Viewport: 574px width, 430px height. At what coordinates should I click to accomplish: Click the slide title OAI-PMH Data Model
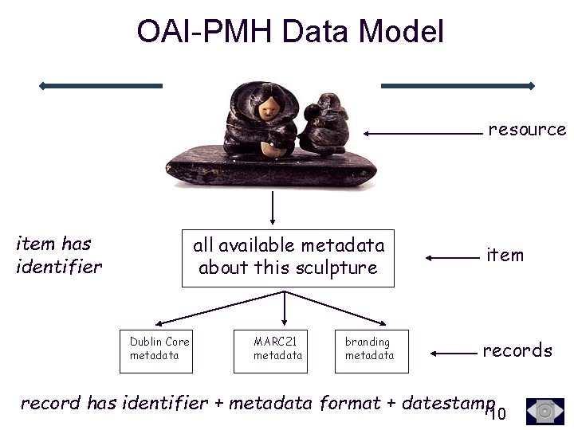[289, 31]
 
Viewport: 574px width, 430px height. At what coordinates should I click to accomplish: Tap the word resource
[526, 129]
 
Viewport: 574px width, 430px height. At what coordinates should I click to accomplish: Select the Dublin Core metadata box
[159, 349]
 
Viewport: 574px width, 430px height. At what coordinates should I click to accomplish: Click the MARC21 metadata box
[278, 349]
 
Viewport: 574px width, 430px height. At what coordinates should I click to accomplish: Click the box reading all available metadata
[288, 256]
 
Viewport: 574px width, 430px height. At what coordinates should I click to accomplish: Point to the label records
[517, 350]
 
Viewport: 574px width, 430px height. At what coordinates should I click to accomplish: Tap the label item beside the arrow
[505, 255]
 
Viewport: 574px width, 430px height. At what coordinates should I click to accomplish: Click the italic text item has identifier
[58, 255]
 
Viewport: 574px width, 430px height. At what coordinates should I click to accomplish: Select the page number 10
[497, 413]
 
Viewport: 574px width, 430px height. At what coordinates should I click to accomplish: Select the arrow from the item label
[450, 257]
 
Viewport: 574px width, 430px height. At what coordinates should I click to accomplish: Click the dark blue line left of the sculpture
[101, 85]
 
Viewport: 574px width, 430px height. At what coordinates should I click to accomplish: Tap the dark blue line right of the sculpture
[458, 85]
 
